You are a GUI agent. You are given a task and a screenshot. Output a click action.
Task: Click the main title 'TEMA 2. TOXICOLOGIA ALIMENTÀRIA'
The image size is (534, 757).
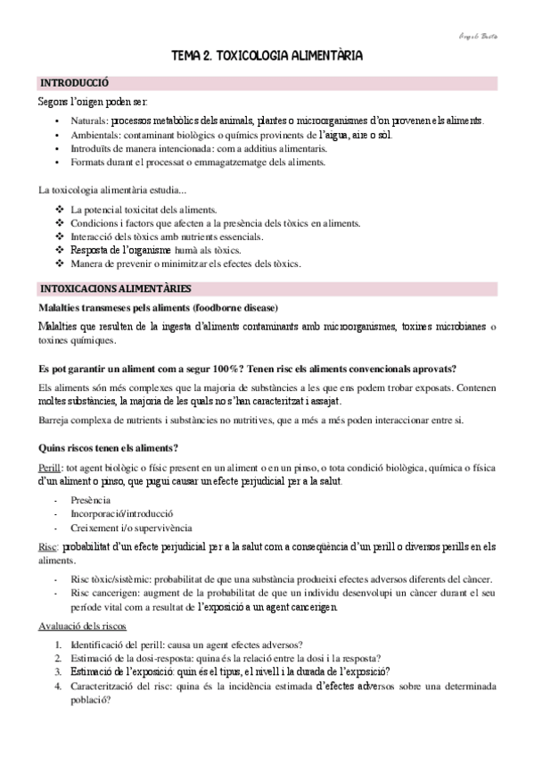click(x=267, y=56)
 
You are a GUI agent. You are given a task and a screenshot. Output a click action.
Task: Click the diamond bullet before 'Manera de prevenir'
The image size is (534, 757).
click(x=60, y=264)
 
